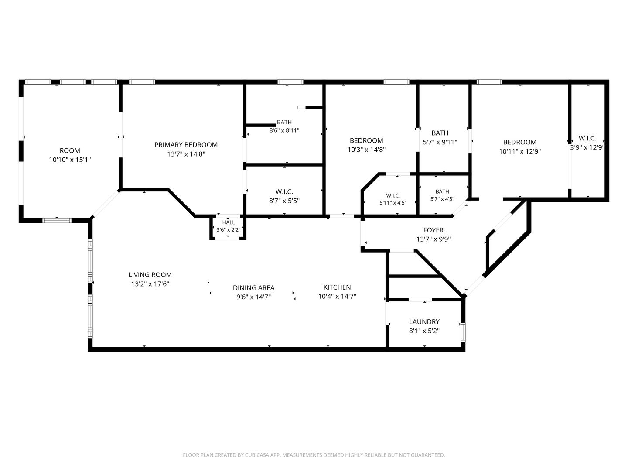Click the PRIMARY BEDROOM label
(x=186, y=145)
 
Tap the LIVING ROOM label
(x=150, y=275)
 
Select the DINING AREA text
(x=254, y=288)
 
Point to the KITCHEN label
(x=337, y=287)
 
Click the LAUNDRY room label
(x=424, y=322)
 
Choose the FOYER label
(x=433, y=230)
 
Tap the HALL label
(x=229, y=222)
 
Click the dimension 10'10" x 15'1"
(x=70, y=160)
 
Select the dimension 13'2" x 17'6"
(x=150, y=284)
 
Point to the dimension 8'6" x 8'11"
(x=284, y=130)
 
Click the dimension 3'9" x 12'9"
(x=587, y=147)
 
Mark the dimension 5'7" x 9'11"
(x=440, y=142)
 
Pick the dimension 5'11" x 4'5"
(x=393, y=203)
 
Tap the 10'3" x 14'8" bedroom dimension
(x=366, y=150)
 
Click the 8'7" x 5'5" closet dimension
(x=284, y=201)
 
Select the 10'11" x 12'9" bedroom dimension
(x=520, y=151)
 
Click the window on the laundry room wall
(x=463, y=332)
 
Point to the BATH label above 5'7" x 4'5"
(x=442, y=191)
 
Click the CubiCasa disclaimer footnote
(x=314, y=455)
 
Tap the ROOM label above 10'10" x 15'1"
(x=70, y=150)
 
